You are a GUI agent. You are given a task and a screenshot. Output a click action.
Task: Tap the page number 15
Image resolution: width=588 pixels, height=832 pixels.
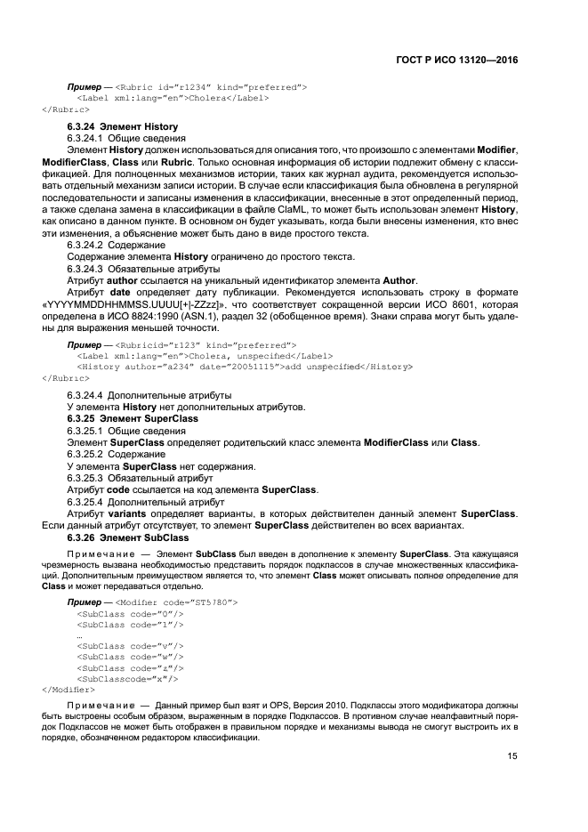[x=512, y=757]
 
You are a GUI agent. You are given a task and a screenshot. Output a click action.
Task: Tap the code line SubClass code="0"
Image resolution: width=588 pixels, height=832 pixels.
[x=130, y=614]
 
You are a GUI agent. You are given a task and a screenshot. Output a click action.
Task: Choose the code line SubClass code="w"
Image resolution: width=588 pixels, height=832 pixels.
[x=130, y=657]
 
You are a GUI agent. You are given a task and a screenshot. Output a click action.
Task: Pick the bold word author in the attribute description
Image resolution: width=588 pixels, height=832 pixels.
[x=123, y=280]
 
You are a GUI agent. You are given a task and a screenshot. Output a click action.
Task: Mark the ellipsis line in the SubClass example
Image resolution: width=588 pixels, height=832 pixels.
[x=79, y=635]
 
